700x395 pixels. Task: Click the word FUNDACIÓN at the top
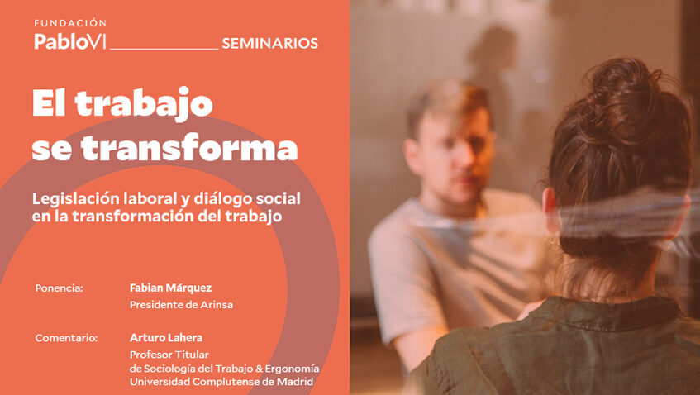point(70,23)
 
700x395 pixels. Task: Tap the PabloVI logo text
point(70,41)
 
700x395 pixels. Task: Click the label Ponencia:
point(60,288)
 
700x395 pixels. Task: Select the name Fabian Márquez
point(170,288)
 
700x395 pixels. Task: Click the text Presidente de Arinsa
point(181,305)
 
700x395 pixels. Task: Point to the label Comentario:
point(66,338)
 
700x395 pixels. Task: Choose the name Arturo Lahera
point(166,337)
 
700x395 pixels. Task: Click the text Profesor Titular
point(169,355)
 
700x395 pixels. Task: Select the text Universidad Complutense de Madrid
point(221,381)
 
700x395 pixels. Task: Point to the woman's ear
point(548,201)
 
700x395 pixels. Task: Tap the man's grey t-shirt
point(430,264)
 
